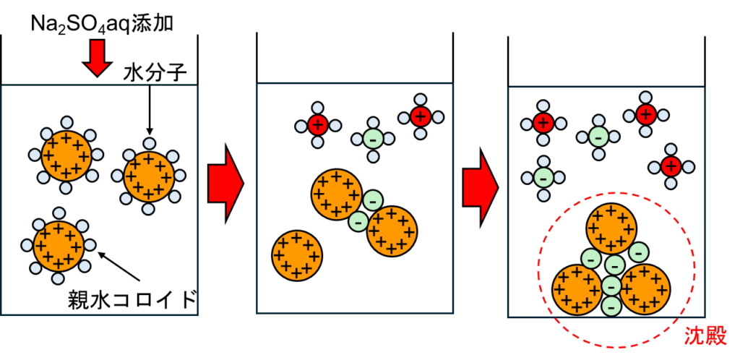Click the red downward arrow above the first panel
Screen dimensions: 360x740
click(97, 57)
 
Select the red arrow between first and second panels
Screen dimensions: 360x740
click(225, 184)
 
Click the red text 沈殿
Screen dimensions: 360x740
click(705, 335)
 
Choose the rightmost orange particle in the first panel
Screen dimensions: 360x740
click(149, 176)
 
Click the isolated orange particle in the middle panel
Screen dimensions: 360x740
click(297, 255)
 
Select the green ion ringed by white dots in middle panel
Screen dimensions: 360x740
click(373, 138)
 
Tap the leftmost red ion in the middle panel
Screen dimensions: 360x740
click(318, 125)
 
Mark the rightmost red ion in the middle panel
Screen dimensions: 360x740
click(421, 116)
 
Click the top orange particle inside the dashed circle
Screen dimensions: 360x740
click(611, 228)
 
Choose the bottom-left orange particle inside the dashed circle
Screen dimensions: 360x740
click(577, 289)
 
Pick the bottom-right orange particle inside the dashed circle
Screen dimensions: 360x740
click(645, 289)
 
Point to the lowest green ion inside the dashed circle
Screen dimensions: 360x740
click(611, 307)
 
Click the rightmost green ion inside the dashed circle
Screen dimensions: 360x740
click(639, 252)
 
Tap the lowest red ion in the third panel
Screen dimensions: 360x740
click(671, 167)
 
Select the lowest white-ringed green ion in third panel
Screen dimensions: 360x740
click(543, 177)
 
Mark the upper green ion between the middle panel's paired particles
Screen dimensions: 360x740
click(373, 200)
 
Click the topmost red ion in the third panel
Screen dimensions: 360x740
click(646, 114)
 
